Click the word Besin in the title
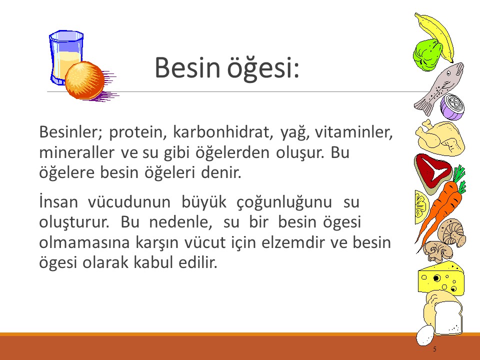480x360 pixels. [x=185, y=68]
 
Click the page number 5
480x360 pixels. [x=434, y=349]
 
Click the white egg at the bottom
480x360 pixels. [x=425, y=336]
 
